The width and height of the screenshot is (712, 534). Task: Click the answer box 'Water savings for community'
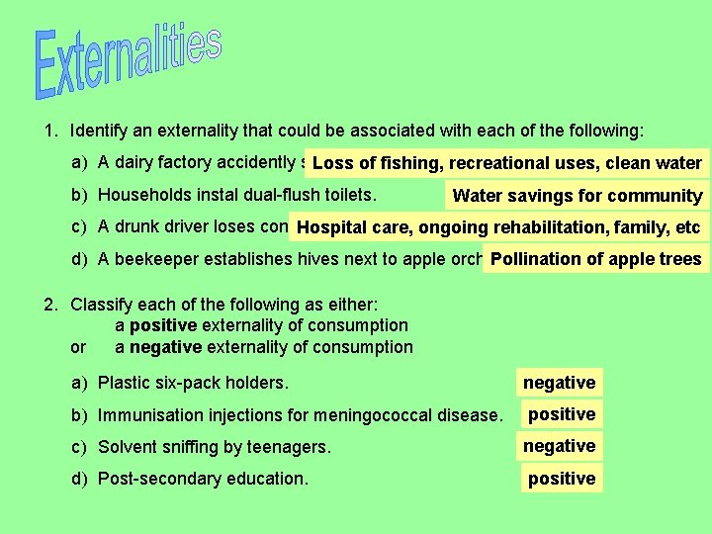pyautogui.click(x=577, y=196)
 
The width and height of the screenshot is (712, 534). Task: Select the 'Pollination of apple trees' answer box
pyautogui.click(x=595, y=260)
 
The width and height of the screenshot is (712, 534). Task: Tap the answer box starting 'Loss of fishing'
pyautogui.click(x=506, y=163)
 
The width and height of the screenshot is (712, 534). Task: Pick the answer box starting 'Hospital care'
pyautogui.click(x=498, y=228)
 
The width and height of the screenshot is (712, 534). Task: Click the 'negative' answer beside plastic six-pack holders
pyautogui.click(x=559, y=383)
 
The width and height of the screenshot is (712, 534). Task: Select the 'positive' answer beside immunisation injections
pyautogui.click(x=561, y=414)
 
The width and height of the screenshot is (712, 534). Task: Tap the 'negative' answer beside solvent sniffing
pyautogui.click(x=559, y=446)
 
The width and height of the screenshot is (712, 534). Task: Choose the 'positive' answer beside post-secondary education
pyautogui.click(x=561, y=479)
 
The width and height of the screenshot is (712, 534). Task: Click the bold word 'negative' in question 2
pyautogui.click(x=165, y=347)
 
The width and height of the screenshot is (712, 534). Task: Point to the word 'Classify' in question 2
pyautogui.click(x=101, y=305)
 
